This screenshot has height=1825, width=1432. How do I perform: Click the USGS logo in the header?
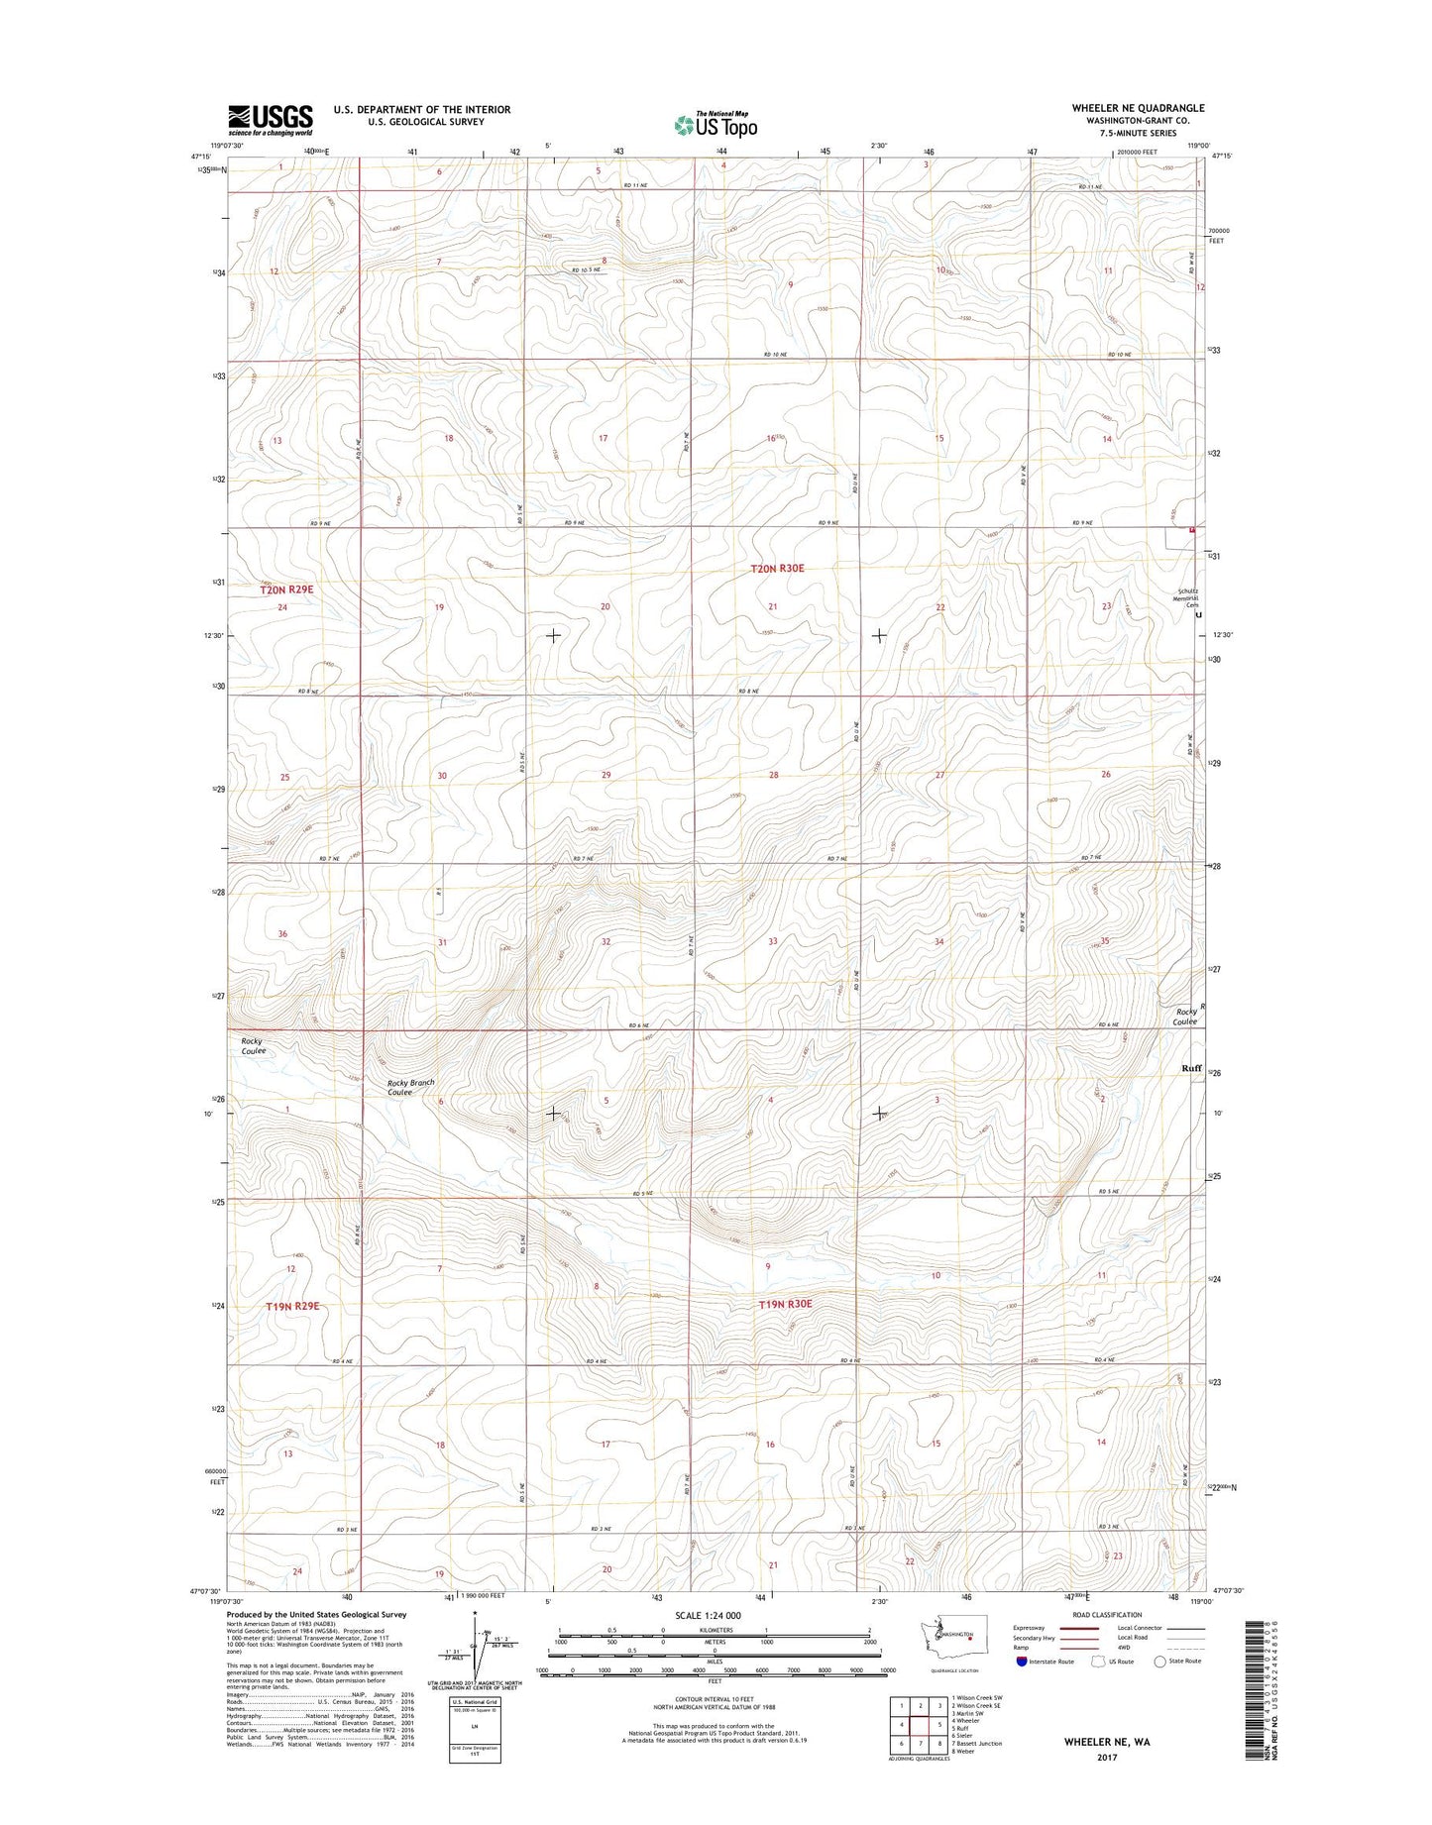coord(270,119)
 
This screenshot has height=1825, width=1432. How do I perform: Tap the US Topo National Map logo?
coord(716,124)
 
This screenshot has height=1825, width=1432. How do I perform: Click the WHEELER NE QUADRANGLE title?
coord(1138,108)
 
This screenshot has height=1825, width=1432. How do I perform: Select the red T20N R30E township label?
coord(776,569)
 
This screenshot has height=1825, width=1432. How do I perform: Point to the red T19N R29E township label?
coord(292,1306)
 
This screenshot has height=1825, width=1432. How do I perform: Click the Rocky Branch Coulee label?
coord(410,1087)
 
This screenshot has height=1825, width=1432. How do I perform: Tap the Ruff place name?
coord(1191,1068)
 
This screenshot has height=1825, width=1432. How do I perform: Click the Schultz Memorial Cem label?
coord(1185,598)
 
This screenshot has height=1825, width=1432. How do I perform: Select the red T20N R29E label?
coord(286,589)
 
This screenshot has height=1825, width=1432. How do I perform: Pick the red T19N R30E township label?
coord(785,1304)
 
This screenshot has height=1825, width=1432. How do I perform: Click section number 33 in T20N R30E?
coord(772,941)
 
